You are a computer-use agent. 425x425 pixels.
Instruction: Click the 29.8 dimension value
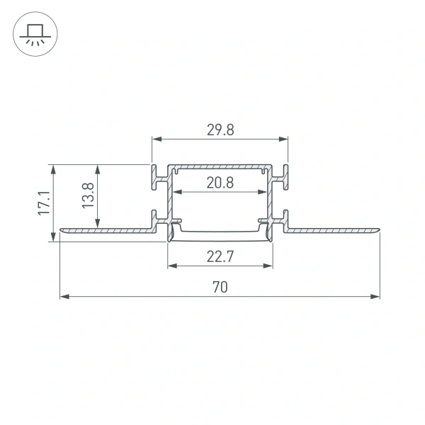coord(220,129)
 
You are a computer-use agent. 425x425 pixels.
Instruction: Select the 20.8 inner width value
coord(220,182)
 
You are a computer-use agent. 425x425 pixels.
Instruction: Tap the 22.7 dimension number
coord(220,256)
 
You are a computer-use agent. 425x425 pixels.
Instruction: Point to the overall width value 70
coord(220,287)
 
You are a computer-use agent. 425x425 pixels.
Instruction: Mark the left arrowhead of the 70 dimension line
coord(64,296)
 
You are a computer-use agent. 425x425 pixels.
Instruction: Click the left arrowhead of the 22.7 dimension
coord(171,266)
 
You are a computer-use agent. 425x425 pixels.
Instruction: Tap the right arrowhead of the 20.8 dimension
coord(262,192)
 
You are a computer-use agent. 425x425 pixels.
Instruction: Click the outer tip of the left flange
coord(61,230)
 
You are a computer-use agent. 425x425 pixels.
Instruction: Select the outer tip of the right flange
coord(378,230)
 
